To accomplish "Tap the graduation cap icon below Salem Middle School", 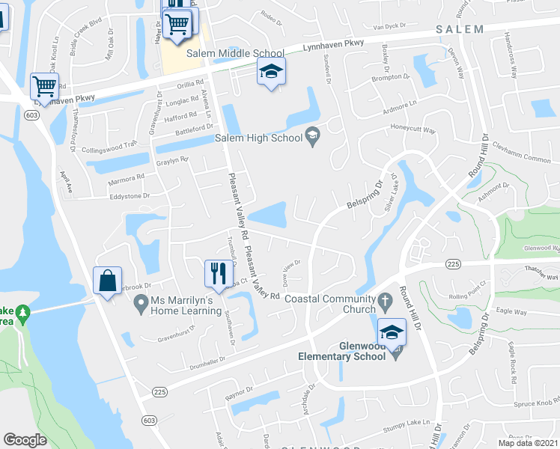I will point(271,73).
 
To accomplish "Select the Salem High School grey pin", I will point(312,136).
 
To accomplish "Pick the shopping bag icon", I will point(108,281).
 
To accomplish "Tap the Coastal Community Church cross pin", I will point(385,303).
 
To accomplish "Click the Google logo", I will point(25,439).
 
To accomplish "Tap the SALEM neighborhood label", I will point(460,28).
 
